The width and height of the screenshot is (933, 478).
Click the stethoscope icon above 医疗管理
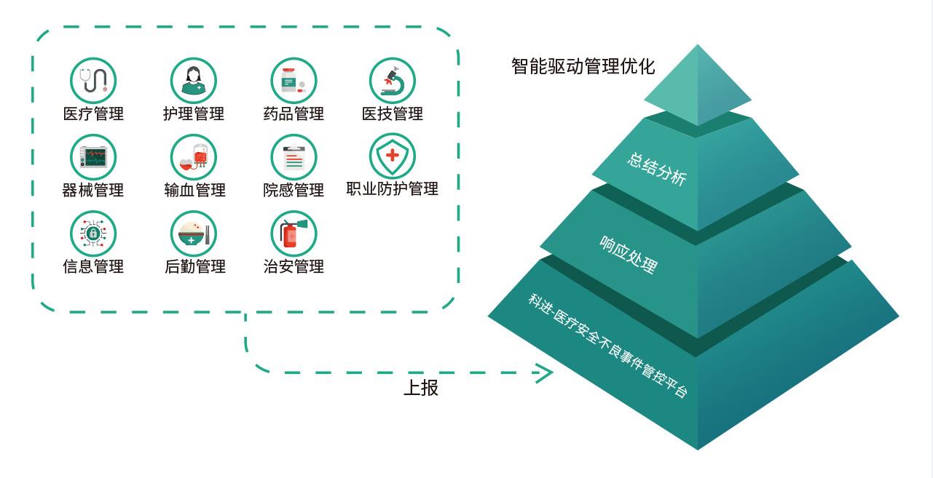[93, 80]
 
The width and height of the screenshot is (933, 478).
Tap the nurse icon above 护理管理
[194, 80]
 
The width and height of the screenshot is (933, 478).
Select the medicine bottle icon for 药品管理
[294, 80]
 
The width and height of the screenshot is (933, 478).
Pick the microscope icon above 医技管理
[393, 80]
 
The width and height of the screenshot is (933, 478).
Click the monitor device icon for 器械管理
[93, 156]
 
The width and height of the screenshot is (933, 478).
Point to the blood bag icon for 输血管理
[194, 156]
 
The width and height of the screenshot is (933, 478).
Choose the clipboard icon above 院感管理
[294, 156]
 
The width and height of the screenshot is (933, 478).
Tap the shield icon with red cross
[393, 156]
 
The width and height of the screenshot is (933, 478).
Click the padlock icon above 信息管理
[93, 234]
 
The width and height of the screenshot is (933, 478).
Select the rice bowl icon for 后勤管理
[194, 234]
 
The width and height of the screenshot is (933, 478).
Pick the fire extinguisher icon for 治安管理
[294, 234]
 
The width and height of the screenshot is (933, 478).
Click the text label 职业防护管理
[393, 189]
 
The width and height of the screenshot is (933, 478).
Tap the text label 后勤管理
[194, 266]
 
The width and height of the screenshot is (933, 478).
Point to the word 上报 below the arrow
[421, 388]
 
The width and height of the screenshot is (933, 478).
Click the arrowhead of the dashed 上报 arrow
[546, 374]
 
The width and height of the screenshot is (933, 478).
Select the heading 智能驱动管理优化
[583, 67]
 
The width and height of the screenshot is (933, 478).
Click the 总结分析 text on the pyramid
[656, 169]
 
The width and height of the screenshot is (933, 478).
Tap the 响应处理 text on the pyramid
[628, 254]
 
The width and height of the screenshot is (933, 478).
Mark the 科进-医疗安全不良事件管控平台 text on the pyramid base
[607, 344]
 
